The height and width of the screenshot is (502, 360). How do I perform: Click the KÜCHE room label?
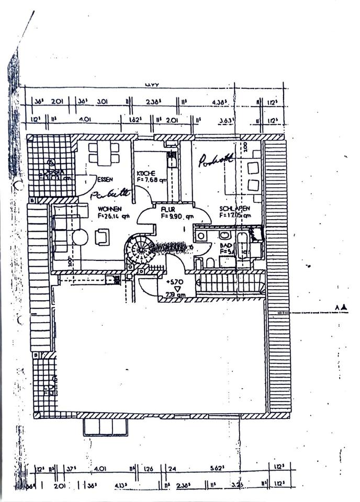tap(145, 173)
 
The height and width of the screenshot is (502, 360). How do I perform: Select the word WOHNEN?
tap(109, 208)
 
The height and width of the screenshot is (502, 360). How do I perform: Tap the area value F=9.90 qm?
tap(177, 215)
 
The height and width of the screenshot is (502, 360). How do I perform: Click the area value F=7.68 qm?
tap(151, 180)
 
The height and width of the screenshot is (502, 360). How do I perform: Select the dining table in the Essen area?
tap(104, 153)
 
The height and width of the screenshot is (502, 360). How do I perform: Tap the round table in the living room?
tap(80, 237)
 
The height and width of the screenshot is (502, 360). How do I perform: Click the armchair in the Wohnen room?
tap(102, 238)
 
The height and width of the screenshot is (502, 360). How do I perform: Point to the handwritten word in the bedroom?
tap(216, 160)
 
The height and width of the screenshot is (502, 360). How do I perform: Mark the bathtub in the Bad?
tap(243, 246)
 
